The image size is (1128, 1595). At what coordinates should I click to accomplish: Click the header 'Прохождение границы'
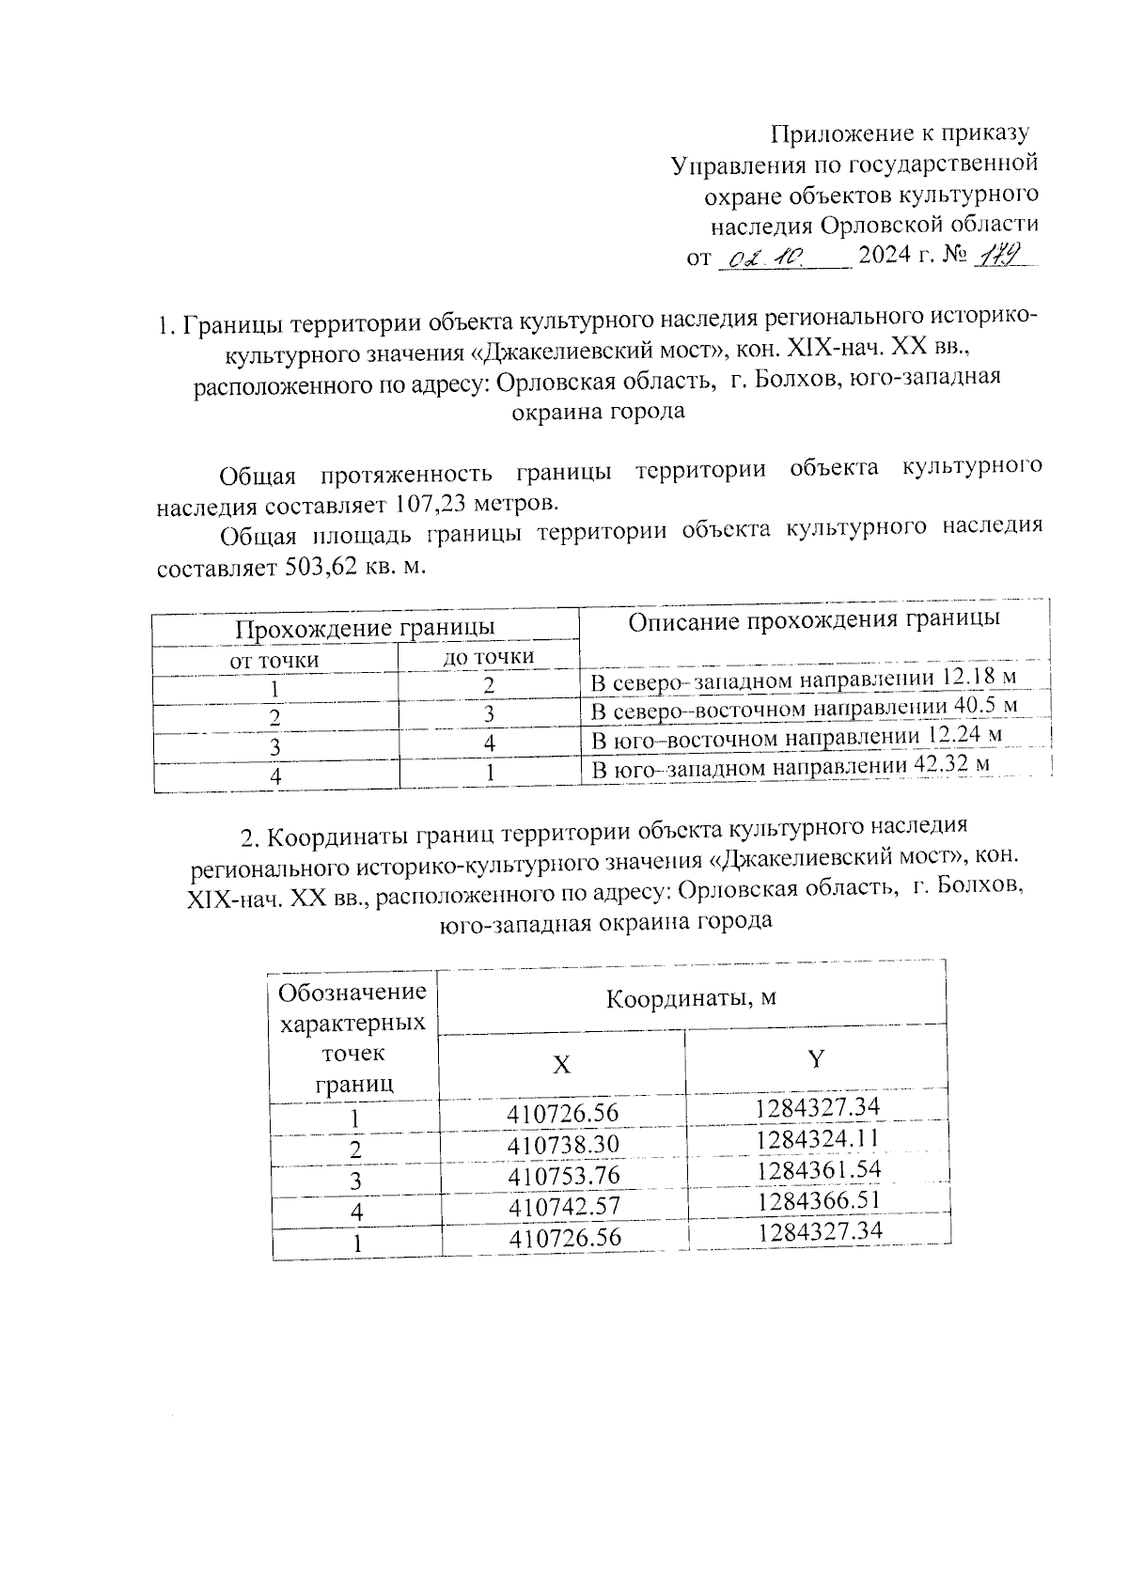click(366, 627)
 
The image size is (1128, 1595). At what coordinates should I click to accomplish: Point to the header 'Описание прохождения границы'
click(813, 619)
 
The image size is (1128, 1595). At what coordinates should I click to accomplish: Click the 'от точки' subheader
click(274, 660)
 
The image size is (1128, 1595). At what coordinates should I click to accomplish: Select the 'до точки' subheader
click(488, 657)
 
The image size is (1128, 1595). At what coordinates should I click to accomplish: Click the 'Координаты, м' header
click(690, 997)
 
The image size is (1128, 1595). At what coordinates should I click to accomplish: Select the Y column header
click(817, 1059)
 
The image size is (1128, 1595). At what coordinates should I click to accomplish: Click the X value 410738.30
click(563, 1145)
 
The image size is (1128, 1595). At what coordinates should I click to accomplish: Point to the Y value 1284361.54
click(817, 1170)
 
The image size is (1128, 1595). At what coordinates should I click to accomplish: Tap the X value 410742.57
click(564, 1206)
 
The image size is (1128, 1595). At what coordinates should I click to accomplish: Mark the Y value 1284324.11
click(817, 1139)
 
